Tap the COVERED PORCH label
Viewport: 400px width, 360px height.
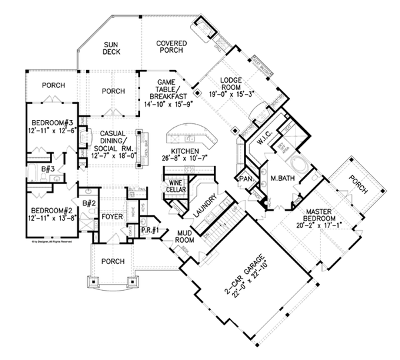click(171, 48)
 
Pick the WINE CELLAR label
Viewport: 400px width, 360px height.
click(176, 186)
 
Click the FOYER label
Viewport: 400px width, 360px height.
click(111, 217)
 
